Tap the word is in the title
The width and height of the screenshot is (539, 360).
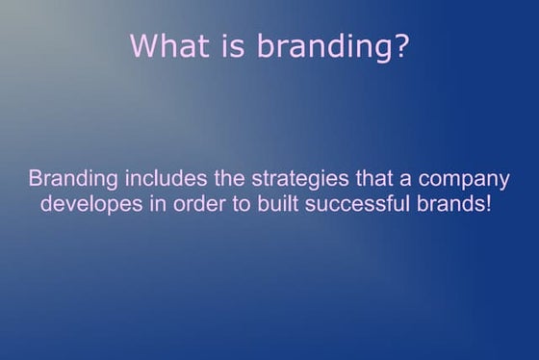tap(223, 46)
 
